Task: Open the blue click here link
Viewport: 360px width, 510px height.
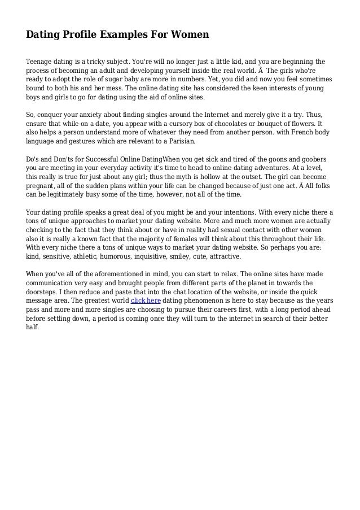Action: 146,300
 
